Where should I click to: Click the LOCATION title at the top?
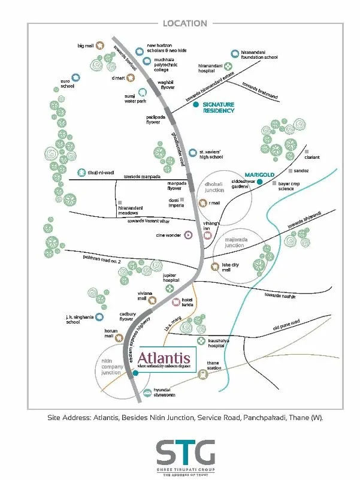tap(184, 23)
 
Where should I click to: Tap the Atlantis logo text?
tap(164, 359)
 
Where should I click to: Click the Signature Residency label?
tap(218, 107)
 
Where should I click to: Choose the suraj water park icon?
tap(143, 92)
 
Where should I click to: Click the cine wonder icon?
tap(188, 235)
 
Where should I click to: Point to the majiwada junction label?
tap(234, 242)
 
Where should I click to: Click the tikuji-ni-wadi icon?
tap(81, 173)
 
